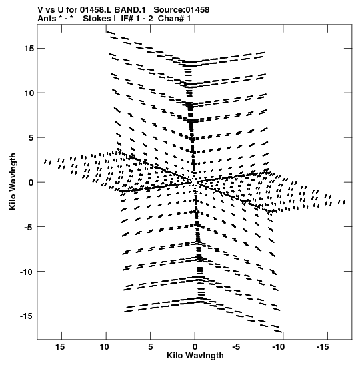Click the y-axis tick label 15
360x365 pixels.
[x=29, y=49]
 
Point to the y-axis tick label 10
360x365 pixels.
[x=29, y=93]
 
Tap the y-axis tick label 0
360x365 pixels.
[x=31, y=183]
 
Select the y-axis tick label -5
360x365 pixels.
[x=29, y=227]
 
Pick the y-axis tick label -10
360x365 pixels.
[x=27, y=272]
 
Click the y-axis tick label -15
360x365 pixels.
[x=27, y=316]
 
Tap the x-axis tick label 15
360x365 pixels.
[x=60, y=347]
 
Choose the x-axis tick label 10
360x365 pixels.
[x=104, y=347]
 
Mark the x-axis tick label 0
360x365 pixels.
[x=195, y=347]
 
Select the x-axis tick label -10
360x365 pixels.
[x=279, y=347]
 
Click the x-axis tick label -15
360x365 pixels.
[x=323, y=347]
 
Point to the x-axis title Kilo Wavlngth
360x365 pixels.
[x=195, y=356]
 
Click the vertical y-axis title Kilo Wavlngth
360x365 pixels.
[x=13, y=181]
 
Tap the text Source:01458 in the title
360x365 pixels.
[x=181, y=10]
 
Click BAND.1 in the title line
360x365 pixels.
[x=130, y=10]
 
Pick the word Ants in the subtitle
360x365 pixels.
[x=47, y=19]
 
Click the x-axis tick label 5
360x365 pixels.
[x=151, y=347]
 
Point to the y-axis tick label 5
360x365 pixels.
[x=31, y=138]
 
